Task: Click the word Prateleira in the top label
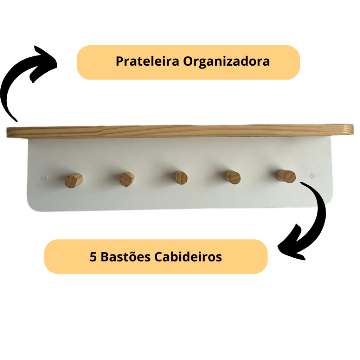click(x=147, y=61)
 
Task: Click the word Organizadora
click(x=226, y=62)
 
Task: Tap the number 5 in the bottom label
click(x=93, y=257)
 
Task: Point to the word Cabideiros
click(x=188, y=256)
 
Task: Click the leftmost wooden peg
click(x=74, y=180)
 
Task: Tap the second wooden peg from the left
click(x=127, y=179)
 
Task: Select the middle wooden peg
click(x=181, y=178)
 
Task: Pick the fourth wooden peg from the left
click(x=233, y=177)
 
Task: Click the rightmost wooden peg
click(x=286, y=176)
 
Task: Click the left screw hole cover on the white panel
click(x=44, y=178)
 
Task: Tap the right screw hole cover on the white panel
click(x=313, y=176)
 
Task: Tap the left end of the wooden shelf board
click(x=7, y=133)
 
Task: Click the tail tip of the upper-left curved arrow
click(x=17, y=121)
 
